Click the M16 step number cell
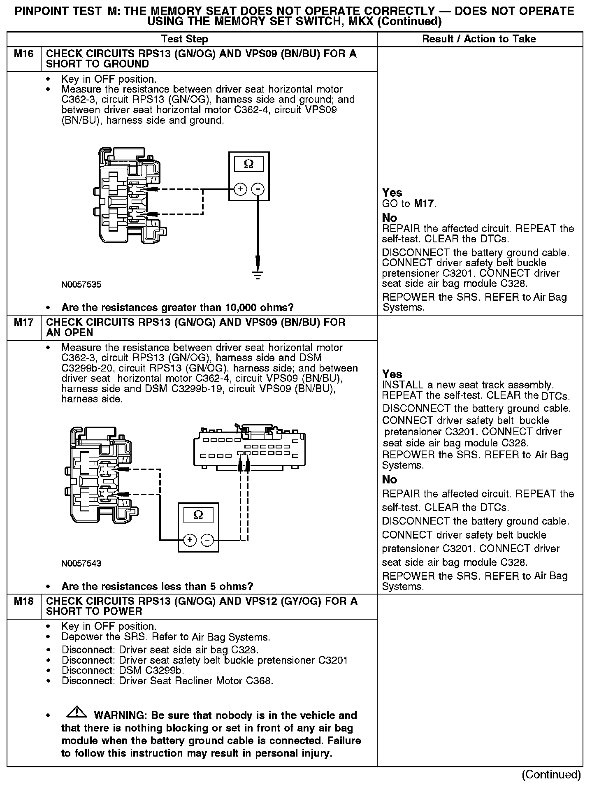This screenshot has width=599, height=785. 23,54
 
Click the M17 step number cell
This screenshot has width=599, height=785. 23,322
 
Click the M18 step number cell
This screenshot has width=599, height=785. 23,601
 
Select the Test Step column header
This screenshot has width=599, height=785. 185,39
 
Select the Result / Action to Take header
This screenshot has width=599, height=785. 479,39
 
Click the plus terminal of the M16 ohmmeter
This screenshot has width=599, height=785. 240,189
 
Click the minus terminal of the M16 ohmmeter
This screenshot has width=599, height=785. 258,189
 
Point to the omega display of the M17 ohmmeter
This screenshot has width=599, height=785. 198,515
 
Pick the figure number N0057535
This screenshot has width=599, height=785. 81,284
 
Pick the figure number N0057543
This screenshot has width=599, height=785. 81,563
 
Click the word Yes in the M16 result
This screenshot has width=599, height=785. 392,193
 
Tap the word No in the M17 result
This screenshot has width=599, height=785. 390,479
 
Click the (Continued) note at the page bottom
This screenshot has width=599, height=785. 551,774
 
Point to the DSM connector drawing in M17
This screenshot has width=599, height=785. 249,448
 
